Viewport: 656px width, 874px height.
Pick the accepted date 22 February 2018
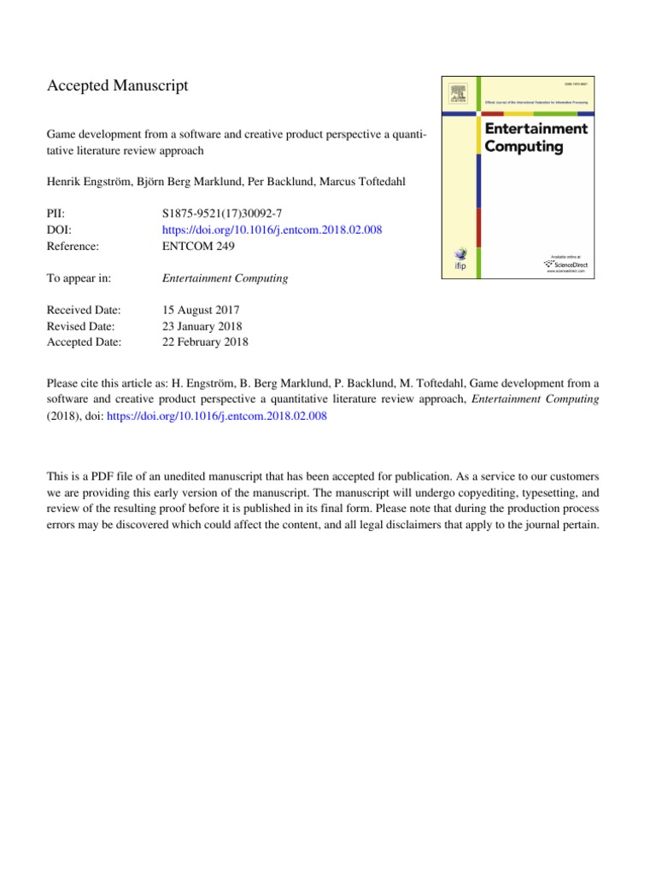pyautogui.click(x=205, y=342)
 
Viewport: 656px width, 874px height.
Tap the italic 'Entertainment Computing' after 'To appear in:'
pyautogui.click(x=225, y=277)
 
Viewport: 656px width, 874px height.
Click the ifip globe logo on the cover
pyautogui.click(x=462, y=259)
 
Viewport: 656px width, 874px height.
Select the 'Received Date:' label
pyautogui.click(x=83, y=310)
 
